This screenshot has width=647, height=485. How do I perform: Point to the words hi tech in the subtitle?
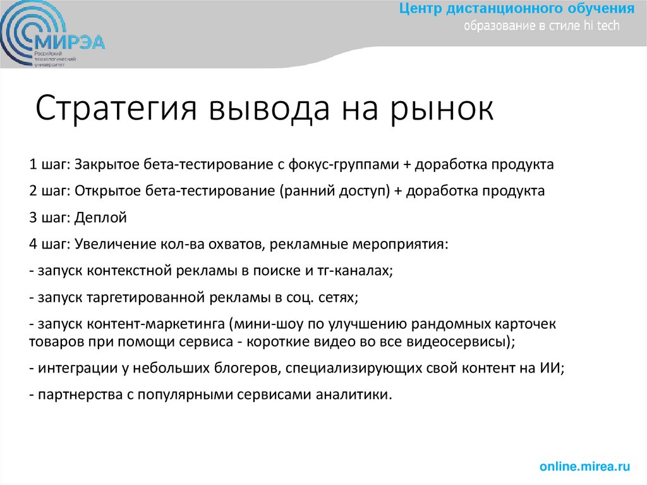point(602,26)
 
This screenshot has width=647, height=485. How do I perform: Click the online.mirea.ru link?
point(584,467)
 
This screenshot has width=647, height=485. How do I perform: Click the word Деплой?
point(101,218)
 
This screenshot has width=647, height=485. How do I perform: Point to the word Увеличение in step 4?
point(106,244)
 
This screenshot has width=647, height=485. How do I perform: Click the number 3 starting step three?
point(32,218)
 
